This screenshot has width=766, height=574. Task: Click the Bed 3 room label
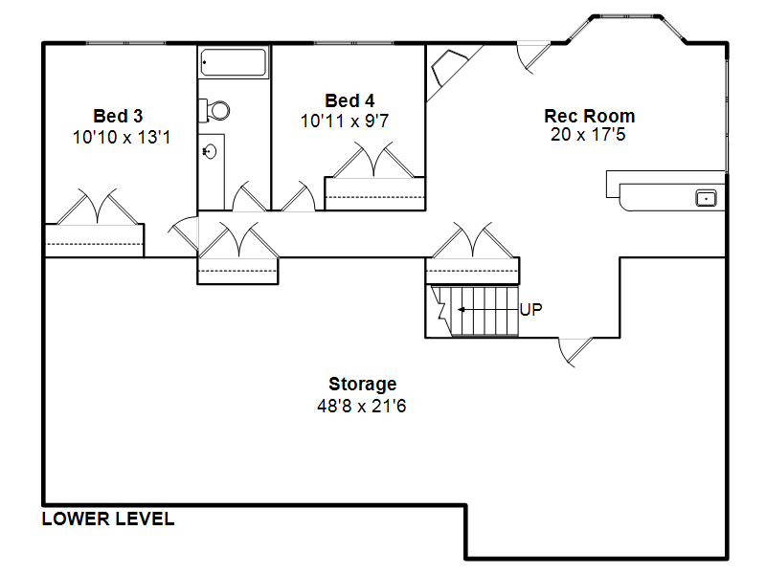[118, 116]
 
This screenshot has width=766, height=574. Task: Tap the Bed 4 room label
[349, 100]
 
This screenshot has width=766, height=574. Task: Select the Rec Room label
[590, 116]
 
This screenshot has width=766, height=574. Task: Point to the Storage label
[363, 385]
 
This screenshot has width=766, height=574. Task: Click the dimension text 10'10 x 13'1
[122, 137]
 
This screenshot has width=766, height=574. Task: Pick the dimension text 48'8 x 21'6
[362, 406]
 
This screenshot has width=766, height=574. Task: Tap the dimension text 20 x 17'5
[588, 134]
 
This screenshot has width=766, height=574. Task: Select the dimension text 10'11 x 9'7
[345, 121]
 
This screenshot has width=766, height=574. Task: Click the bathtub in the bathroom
[234, 62]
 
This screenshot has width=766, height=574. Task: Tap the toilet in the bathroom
[214, 110]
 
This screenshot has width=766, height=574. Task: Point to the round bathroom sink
[209, 152]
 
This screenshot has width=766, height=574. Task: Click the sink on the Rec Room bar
[706, 198]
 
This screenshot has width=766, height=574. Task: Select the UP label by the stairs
[531, 309]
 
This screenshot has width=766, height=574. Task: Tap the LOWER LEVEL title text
[108, 519]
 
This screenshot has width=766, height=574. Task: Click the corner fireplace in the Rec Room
[448, 67]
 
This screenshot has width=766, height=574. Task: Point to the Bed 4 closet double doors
[374, 160]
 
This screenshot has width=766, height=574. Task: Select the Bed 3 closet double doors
[98, 207]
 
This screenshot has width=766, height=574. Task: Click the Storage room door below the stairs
[575, 351]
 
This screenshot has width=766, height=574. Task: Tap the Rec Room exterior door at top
[534, 58]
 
